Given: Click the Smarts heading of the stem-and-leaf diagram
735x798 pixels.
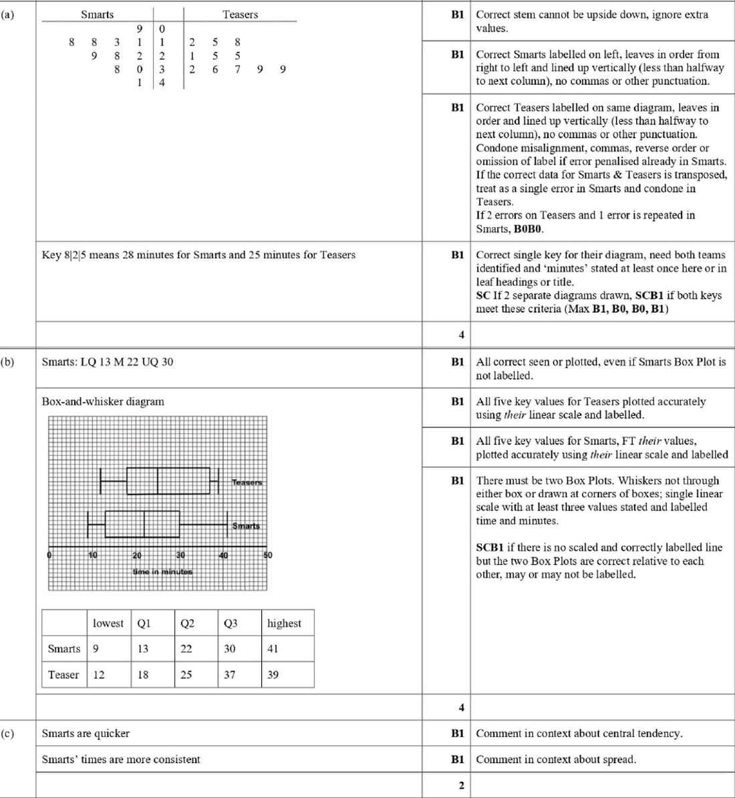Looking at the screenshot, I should [x=98, y=15].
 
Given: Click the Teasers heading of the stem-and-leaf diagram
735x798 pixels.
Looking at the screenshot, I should [x=240, y=15].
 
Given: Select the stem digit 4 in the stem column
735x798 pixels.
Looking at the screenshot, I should [x=162, y=83].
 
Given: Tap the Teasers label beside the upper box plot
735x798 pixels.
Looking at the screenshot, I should [x=247, y=482].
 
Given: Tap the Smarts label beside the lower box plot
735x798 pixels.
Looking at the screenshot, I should [x=246, y=526].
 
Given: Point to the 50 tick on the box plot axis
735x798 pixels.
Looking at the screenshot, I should [x=268, y=555].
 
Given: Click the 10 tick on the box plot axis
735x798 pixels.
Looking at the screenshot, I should [x=93, y=555].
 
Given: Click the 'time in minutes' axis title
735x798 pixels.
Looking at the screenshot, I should [x=162, y=571].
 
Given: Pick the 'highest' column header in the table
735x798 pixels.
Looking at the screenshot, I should [x=284, y=623].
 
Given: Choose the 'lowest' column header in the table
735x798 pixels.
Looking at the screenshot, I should [x=108, y=623].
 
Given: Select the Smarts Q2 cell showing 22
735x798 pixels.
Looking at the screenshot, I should [x=186, y=648].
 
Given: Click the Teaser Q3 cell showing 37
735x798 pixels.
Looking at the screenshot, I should [x=230, y=674].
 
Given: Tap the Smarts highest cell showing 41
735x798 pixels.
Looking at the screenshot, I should [x=273, y=648].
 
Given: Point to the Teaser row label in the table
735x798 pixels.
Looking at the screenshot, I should [x=63, y=674].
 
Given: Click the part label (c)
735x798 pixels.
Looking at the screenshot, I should [x=7, y=733].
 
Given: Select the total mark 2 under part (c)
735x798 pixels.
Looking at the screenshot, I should [x=461, y=785].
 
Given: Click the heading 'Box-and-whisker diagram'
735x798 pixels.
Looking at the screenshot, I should [x=103, y=402].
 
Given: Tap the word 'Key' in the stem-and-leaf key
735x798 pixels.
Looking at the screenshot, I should [x=51, y=255].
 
